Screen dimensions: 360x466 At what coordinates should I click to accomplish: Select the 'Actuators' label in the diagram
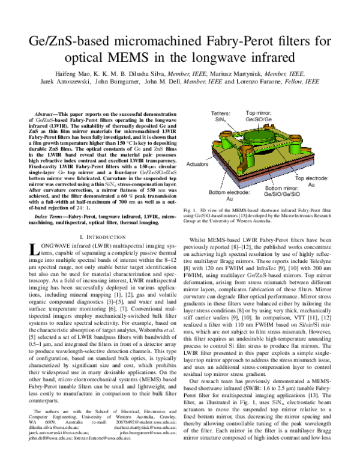(x=197, y=146)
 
